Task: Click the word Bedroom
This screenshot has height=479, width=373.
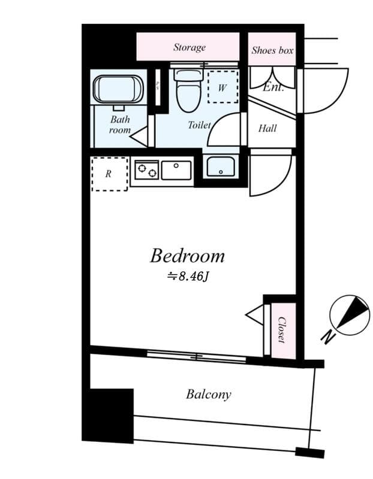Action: tap(187, 256)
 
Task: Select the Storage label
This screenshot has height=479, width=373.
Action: tap(189, 47)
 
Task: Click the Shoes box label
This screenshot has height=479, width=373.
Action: tap(272, 50)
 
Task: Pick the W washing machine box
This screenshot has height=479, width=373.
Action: tap(222, 87)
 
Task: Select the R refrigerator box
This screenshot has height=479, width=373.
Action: tap(109, 174)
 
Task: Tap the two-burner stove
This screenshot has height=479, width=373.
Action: tap(146, 170)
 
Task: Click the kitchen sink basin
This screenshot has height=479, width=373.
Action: tap(176, 170)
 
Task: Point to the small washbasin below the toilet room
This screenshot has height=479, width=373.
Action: tap(221, 166)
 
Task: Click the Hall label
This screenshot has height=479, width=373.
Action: tap(267, 128)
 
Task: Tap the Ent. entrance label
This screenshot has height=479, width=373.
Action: tap(273, 87)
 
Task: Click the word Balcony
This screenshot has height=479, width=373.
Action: tap(208, 395)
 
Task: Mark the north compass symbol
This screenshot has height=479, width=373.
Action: tap(350, 314)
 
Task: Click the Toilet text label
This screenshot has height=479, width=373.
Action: tap(199, 125)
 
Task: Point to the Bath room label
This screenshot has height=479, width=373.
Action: tap(120, 125)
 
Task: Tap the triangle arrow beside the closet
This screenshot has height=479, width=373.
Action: tap(255, 314)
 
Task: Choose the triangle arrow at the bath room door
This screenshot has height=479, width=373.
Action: tap(140, 137)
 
